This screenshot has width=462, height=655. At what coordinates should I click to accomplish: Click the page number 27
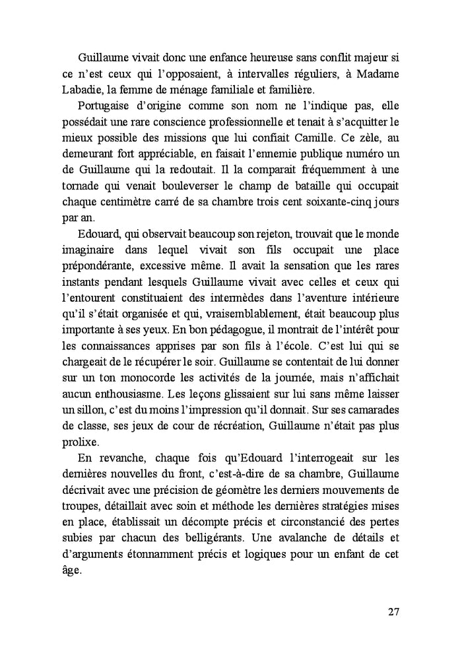(392, 611)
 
